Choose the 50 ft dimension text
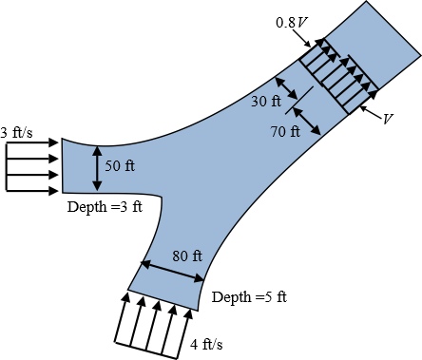pos(119,166)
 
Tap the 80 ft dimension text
pos(187,256)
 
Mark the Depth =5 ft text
pos(249,297)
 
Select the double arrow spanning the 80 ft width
pos(173,272)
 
